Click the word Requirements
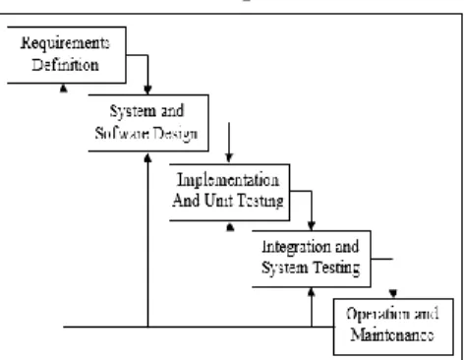click(x=65, y=43)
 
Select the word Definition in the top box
click(x=65, y=65)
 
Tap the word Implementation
click(x=228, y=180)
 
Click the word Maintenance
click(x=392, y=335)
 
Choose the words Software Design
click(x=146, y=134)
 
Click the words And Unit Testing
click(x=228, y=201)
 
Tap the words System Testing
click(x=311, y=269)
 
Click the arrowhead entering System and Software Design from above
click(x=147, y=90)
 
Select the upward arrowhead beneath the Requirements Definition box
click(x=64, y=88)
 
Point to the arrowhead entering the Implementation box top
click(x=229, y=158)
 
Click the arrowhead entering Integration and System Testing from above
click(x=312, y=226)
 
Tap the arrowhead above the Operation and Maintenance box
click(x=393, y=293)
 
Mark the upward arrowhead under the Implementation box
click(x=230, y=227)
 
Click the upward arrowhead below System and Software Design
click(x=147, y=157)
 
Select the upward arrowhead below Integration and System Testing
click(x=312, y=292)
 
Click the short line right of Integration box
click(x=382, y=259)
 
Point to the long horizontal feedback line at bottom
click(x=199, y=327)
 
